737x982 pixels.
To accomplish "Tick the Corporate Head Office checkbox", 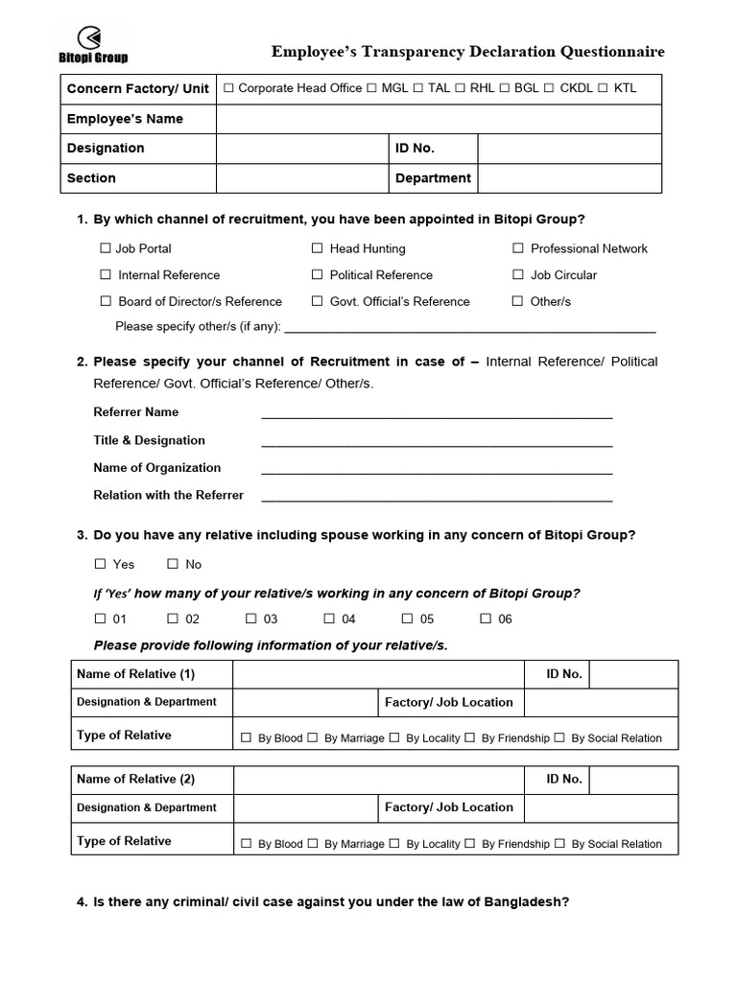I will coord(228,88).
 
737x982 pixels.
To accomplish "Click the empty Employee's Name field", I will coord(439,119).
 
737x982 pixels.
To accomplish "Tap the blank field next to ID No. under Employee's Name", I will coord(569,149).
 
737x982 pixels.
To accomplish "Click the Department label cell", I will coord(433,178).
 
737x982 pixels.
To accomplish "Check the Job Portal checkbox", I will coord(106,248).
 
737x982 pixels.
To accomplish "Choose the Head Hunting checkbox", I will coord(318,248).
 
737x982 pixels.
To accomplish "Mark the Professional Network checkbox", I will coord(518,248).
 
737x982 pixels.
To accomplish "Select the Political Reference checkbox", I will coord(318,275).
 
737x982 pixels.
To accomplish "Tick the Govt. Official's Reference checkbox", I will coord(318,301).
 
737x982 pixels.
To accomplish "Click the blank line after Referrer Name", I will coord(437,414).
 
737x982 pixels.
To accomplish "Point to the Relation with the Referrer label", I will coord(168,496).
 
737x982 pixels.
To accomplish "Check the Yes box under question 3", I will coord(101,564).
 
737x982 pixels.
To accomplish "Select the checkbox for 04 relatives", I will coord(329,619).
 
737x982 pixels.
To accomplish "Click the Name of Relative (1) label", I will coord(135,674).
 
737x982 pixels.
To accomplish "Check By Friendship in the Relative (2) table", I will coord(470,844).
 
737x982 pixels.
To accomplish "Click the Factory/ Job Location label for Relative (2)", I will coord(448,807).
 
